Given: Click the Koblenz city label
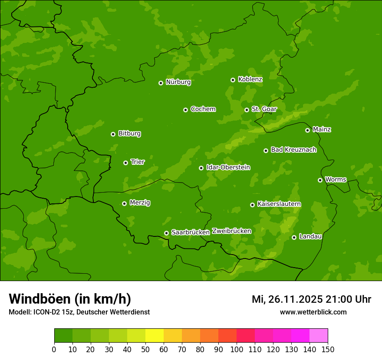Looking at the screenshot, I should coord(250,79).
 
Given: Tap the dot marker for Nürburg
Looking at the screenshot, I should coord(161,83).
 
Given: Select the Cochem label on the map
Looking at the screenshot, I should coord(203,109).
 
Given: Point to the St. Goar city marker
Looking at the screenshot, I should coord(247,110).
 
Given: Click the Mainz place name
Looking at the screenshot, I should coord(322,129).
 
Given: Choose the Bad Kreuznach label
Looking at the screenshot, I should coord(293,150).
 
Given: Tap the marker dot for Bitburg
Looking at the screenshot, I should coord(113,134).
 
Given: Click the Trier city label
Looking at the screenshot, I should coord(138,162).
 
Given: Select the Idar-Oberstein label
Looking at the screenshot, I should coord(228,167).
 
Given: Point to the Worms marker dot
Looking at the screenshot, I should coord(320,180).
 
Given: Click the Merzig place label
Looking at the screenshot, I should coord(140,203).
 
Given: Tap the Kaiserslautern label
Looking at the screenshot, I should coord(279,204).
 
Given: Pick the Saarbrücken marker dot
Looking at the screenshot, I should coord(166,233).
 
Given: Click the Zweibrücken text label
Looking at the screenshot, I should coord(231,231).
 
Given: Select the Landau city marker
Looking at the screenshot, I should coord(294,237).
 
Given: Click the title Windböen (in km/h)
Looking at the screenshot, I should coord(70,299).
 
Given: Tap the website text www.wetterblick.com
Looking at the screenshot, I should coord(313,312).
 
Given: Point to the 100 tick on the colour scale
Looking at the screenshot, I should coord(237,349).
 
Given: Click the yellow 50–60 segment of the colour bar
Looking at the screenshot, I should coord(155,336).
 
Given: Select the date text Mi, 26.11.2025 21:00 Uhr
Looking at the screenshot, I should coord(311,299).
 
